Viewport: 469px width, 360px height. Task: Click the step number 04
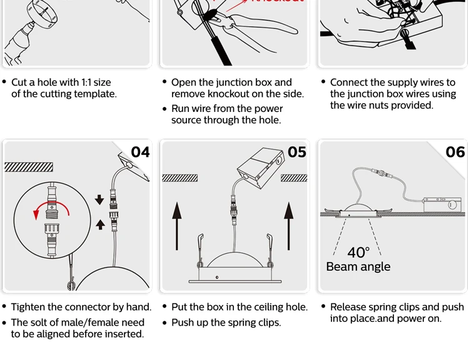(141, 152)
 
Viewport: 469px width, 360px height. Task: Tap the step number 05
(297, 152)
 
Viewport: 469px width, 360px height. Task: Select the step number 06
(455, 152)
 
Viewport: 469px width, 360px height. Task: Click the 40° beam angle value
(358, 252)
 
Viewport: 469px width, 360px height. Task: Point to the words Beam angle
(358, 267)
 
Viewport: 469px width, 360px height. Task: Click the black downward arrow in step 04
(99, 200)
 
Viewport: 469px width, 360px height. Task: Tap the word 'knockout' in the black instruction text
(253, 94)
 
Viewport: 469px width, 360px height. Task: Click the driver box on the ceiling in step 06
(441, 204)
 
